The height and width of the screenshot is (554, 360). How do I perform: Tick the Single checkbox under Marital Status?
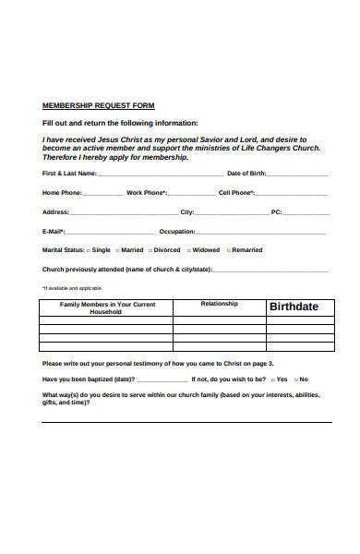tap(89, 250)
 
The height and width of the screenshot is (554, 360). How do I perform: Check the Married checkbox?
tap(117, 250)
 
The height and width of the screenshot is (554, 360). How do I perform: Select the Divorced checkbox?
tap(150, 250)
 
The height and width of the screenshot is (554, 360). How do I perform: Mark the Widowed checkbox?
tap(189, 250)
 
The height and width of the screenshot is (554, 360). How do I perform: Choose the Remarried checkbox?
tap(228, 250)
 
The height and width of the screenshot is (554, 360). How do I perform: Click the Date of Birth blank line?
tap(298, 174)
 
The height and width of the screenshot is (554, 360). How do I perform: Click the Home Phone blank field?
tap(102, 194)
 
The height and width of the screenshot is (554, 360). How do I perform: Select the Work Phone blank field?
tap(189, 194)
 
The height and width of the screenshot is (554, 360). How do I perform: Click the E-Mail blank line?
tap(109, 232)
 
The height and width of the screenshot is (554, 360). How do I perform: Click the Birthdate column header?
tap(293, 307)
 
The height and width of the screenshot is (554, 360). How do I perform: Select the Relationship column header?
tap(219, 304)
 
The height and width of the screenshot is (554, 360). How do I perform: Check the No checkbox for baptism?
tap(295, 379)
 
